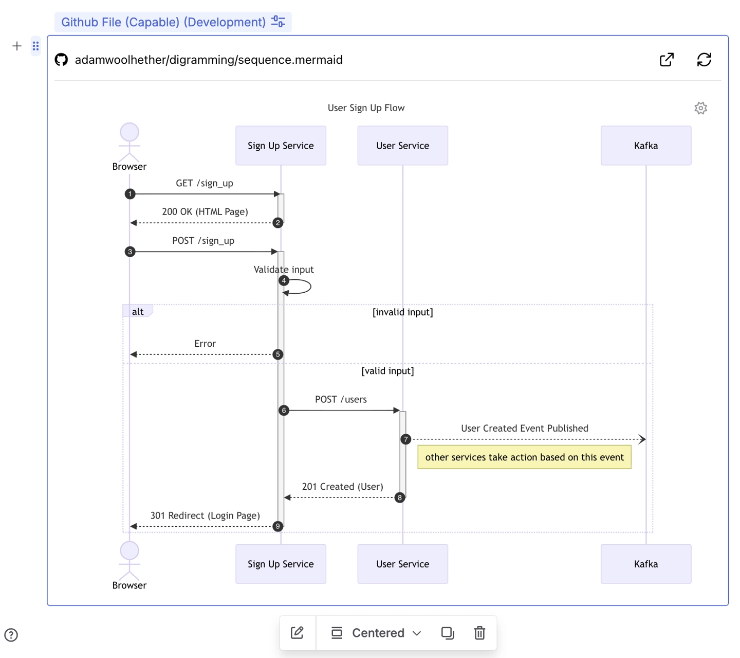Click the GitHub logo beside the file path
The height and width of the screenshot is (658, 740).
[61, 60]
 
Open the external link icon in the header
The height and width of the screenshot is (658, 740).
[667, 60]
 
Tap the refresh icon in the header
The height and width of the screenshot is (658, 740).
[704, 60]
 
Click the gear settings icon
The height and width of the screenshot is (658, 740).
[700, 108]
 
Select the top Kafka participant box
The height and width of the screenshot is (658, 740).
[645, 146]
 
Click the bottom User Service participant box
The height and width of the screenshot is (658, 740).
[402, 564]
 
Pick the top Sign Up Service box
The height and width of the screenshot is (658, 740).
[281, 146]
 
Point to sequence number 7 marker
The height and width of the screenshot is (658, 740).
[406, 439]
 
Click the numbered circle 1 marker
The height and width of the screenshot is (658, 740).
[130, 194]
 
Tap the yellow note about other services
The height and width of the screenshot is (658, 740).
[524, 457]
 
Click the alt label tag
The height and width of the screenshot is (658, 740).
[138, 311]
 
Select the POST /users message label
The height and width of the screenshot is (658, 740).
[341, 399]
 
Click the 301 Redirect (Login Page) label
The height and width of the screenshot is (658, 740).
[205, 515]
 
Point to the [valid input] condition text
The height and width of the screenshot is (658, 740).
[387, 371]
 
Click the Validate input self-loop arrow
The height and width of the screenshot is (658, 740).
[301, 287]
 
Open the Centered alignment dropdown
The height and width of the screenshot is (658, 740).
[386, 633]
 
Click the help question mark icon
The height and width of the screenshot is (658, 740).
[11, 635]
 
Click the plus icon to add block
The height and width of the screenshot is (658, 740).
[17, 46]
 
